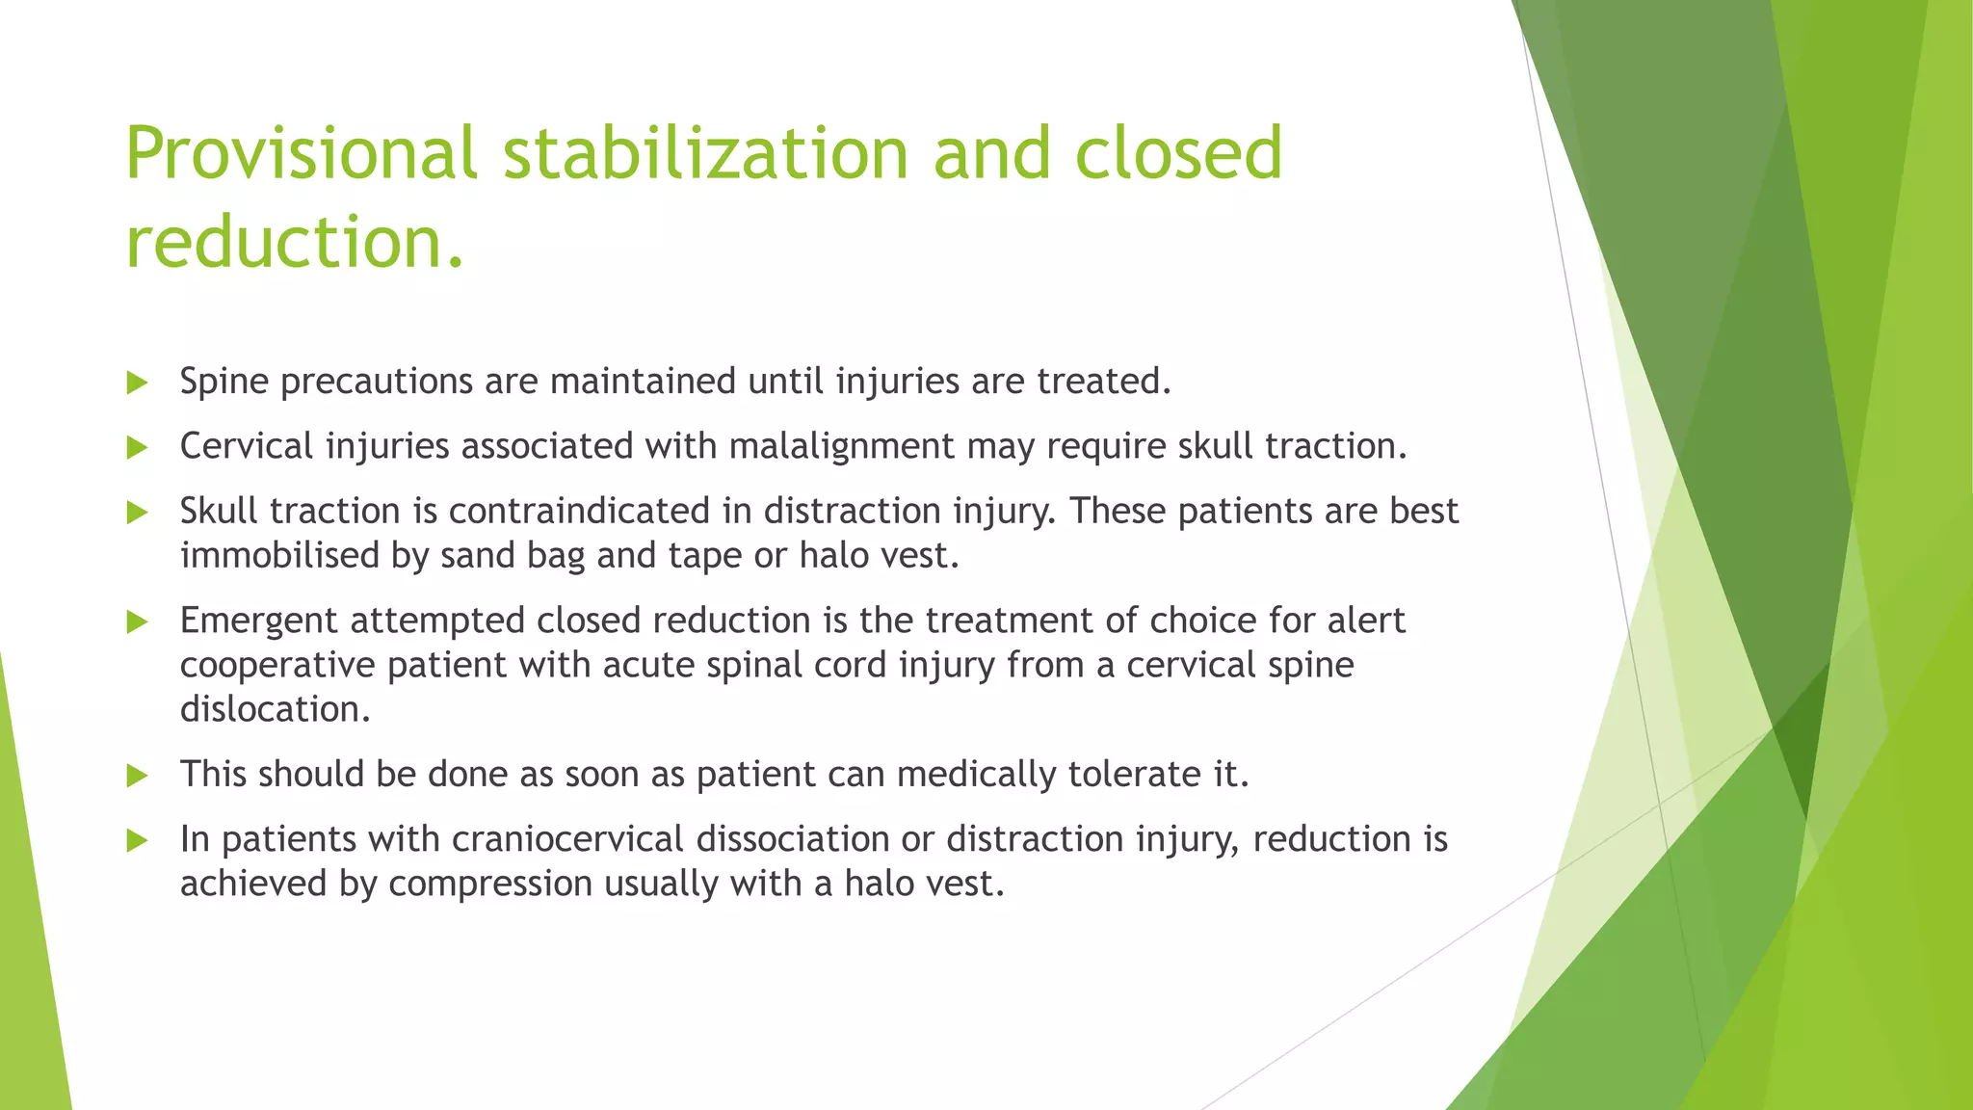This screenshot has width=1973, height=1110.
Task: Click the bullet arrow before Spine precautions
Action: tap(137, 383)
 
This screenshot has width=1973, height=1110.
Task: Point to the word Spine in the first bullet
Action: tap(224, 383)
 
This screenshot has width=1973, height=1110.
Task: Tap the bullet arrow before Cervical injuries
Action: tap(137, 448)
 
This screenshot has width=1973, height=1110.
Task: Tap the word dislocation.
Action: tap(275, 710)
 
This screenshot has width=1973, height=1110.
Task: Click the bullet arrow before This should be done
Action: tap(137, 776)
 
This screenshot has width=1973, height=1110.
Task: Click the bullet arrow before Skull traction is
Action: tap(137, 513)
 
